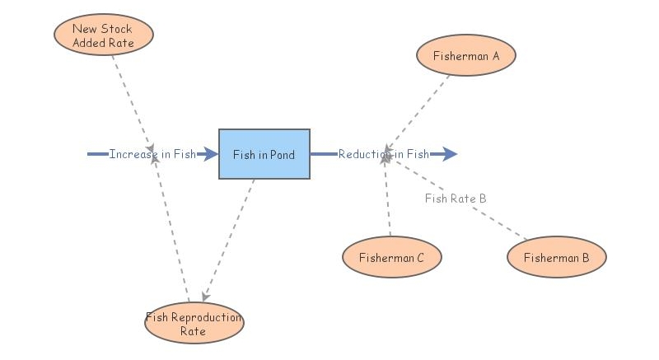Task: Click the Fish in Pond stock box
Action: (264, 154)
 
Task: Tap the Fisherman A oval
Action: (466, 56)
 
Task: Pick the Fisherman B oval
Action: (556, 258)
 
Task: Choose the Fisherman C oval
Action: (391, 258)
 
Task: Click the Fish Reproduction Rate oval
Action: (194, 324)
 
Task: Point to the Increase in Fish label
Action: (152, 154)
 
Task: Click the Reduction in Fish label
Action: (383, 154)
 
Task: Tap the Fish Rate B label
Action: (456, 199)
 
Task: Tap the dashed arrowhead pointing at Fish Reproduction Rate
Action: (205, 297)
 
